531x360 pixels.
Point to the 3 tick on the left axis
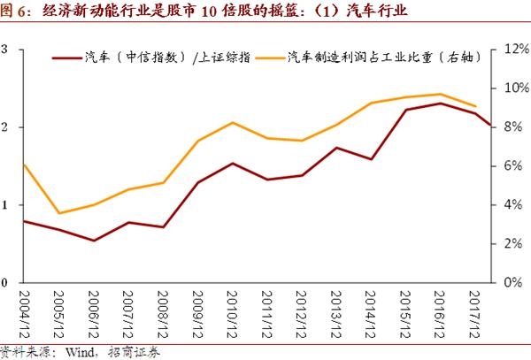tap(6, 50)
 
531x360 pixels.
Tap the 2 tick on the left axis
tap(6, 127)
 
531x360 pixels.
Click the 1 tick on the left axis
tap(6, 205)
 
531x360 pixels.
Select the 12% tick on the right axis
tap(515, 50)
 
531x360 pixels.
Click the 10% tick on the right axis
tap(515, 88)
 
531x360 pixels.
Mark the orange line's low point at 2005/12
tap(59, 213)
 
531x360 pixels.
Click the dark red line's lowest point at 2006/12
tap(94, 241)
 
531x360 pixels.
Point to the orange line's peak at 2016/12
tap(441, 94)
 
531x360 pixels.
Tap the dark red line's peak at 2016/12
tap(441, 103)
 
